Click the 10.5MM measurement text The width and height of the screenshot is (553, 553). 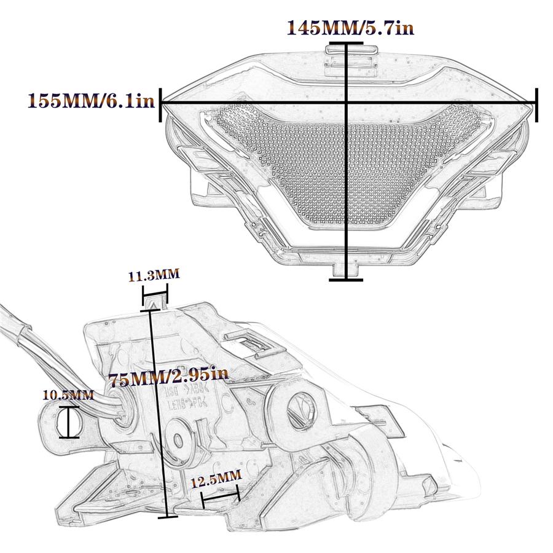(x=68, y=394)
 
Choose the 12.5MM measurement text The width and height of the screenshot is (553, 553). (x=215, y=478)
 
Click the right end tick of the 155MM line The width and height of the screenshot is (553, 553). (x=537, y=104)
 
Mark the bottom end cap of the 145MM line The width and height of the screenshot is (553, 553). (x=346, y=280)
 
